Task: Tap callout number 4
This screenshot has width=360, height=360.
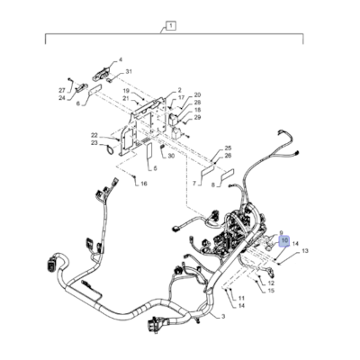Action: [x=119, y=61]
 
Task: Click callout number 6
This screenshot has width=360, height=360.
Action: [x=78, y=104]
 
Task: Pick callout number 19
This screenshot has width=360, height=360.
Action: [x=126, y=91]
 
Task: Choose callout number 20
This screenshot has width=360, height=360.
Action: [x=197, y=94]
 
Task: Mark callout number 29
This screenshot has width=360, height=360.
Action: [x=197, y=118]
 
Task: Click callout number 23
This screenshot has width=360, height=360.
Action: [x=94, y=143]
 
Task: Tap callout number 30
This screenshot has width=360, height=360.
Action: [x=171, y=157]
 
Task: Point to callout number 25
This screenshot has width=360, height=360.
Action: [x=228, y=148]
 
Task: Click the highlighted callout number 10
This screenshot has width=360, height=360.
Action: [x=284, y=241]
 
